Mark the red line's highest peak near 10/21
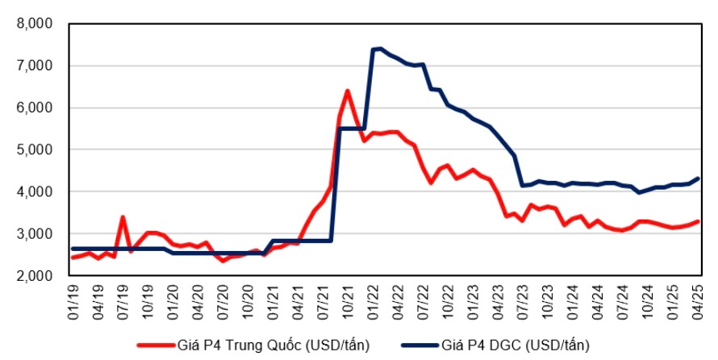pyautogui.click(x=348, y=90)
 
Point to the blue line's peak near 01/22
pyautogui.click(x=380, y=48)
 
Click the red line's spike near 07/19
pyautogui.click(x=123, y=216)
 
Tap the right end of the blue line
pyautogui.click(x=698, y=178)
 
